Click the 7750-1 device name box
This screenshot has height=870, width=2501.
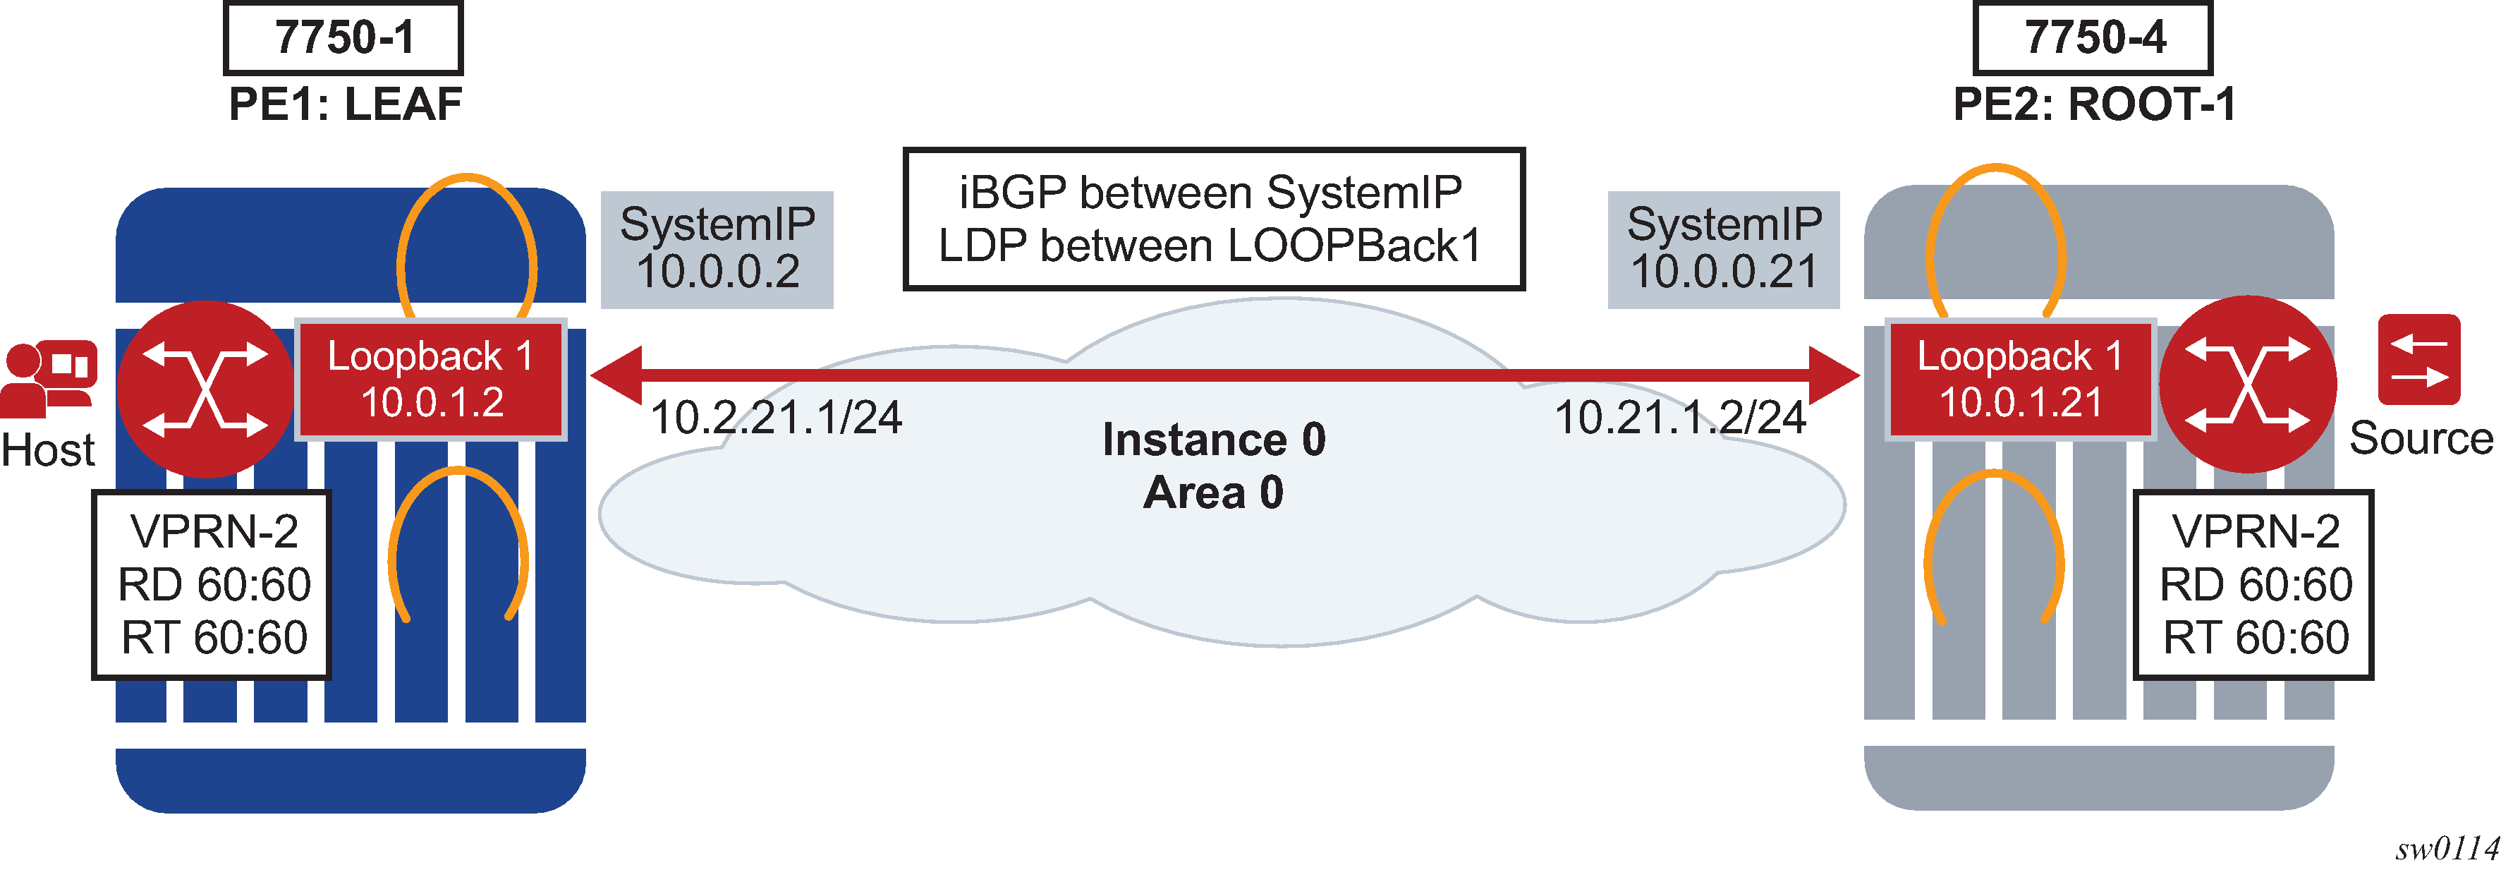coord(343,38)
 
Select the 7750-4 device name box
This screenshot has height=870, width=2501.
coord(2093,38)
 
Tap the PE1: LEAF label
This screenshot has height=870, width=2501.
coord(345,104)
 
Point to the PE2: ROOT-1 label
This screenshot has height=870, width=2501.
coord(2094,104)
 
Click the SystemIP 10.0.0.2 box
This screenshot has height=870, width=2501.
coord(717,250)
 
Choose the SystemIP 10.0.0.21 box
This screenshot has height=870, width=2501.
coord(1724,250)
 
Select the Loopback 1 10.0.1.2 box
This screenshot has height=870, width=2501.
coord(431,380)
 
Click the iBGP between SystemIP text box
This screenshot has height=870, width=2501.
coord(1214,219)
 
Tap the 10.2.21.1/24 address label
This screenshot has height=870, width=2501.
coord(776,418)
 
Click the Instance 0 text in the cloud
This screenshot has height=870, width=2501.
coord(1214,440)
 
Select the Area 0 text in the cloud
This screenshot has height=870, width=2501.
coord(1214,493)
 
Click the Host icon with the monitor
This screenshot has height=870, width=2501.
coord(49,379)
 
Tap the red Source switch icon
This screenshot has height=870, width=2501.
coord(2419,359)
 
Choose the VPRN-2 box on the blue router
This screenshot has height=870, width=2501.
coord(212,584)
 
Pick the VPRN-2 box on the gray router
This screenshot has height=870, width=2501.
coord(2253,584)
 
